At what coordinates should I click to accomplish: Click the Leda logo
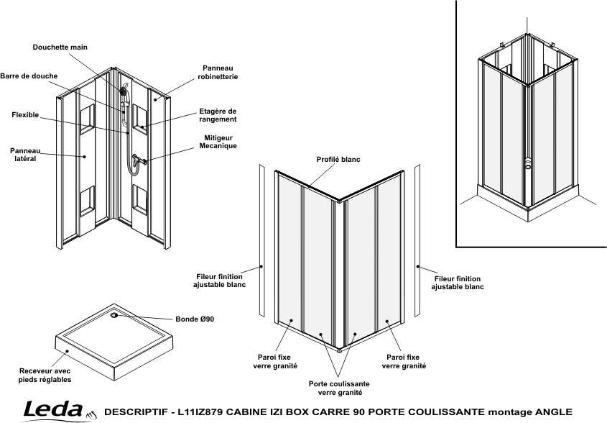[58, 411]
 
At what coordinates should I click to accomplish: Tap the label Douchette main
[60, 47]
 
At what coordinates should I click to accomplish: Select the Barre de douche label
[29, 76]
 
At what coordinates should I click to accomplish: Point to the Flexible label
[25, 115]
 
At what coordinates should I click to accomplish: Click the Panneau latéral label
[25, 155]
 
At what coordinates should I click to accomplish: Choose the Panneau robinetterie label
[218, 73]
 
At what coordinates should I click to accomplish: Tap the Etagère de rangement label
[218, 115]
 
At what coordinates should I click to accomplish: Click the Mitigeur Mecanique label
[218, 142]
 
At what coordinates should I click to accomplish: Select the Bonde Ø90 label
[195, 319]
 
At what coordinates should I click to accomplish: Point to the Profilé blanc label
[338, 160]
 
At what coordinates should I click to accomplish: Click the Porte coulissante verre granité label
[339, 388]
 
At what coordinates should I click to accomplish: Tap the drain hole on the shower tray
[114, 315]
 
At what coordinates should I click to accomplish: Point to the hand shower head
[123, 91]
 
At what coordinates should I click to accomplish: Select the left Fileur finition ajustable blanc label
[220, 281]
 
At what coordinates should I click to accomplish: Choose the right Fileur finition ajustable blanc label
[458, 283]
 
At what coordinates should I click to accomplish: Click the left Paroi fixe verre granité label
[274, 361]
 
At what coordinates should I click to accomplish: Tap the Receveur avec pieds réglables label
[45, 376]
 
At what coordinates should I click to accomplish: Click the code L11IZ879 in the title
[200, 411]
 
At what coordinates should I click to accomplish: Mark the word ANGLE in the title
[554, 411]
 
